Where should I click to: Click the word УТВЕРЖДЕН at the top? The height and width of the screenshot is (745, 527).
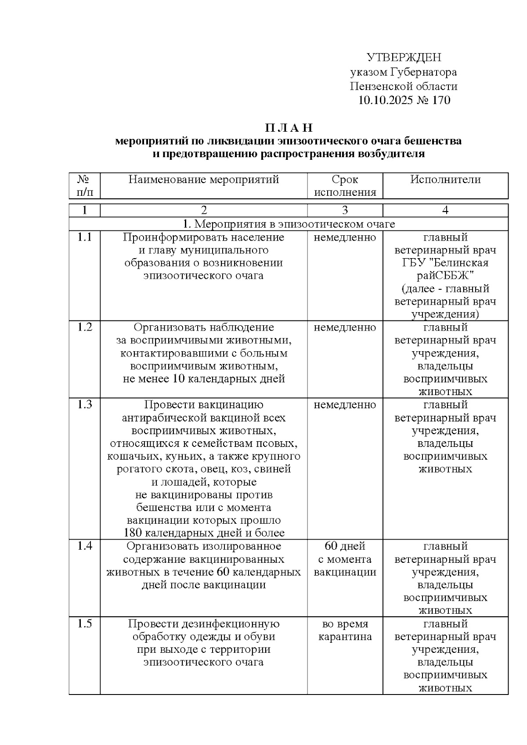click(404, 58)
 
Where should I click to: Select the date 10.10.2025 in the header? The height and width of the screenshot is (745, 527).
click(385, 100)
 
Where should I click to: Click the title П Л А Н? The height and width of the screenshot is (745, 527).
click(289, 128)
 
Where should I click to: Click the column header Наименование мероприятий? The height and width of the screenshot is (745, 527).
click(204, 180)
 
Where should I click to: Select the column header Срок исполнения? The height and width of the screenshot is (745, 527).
click(345, 186)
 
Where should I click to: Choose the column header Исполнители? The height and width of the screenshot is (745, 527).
click(445, 180)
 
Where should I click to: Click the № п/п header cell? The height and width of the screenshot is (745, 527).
click(85, 186)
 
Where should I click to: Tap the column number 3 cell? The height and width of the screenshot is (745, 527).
click(345, 210)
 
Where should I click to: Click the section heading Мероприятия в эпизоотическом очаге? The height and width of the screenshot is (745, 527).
click(289, 224)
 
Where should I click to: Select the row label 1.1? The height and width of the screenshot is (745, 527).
click(85, 238)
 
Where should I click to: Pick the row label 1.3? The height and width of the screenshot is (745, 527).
click(85, 405)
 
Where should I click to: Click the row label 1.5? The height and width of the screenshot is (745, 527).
click(85, 624)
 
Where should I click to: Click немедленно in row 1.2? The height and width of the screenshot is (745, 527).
click(345, 328)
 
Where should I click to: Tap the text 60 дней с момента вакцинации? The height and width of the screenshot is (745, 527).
click(345, 559)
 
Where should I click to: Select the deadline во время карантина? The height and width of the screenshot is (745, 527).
click(345, 630)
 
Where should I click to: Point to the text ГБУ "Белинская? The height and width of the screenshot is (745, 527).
click(445, 263)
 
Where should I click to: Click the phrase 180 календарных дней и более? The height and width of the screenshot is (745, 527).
click(204, 533)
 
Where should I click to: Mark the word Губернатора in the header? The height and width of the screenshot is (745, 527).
click(424, 72)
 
